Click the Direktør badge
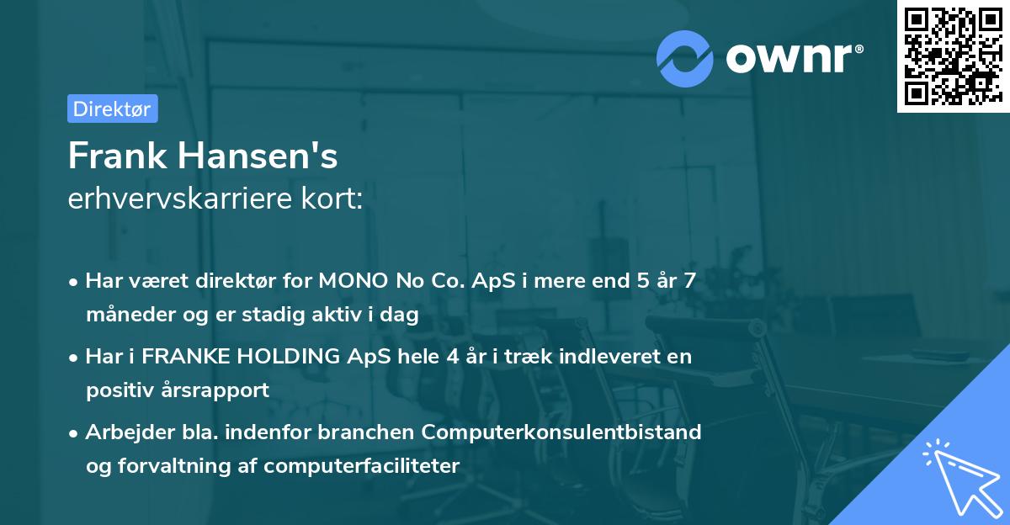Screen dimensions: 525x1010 (x=112, y=109)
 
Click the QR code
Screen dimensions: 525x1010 (x=951, y=56)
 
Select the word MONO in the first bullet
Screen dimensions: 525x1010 (x=353, y=281)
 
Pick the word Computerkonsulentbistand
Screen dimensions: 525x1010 (x=561, y=432)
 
